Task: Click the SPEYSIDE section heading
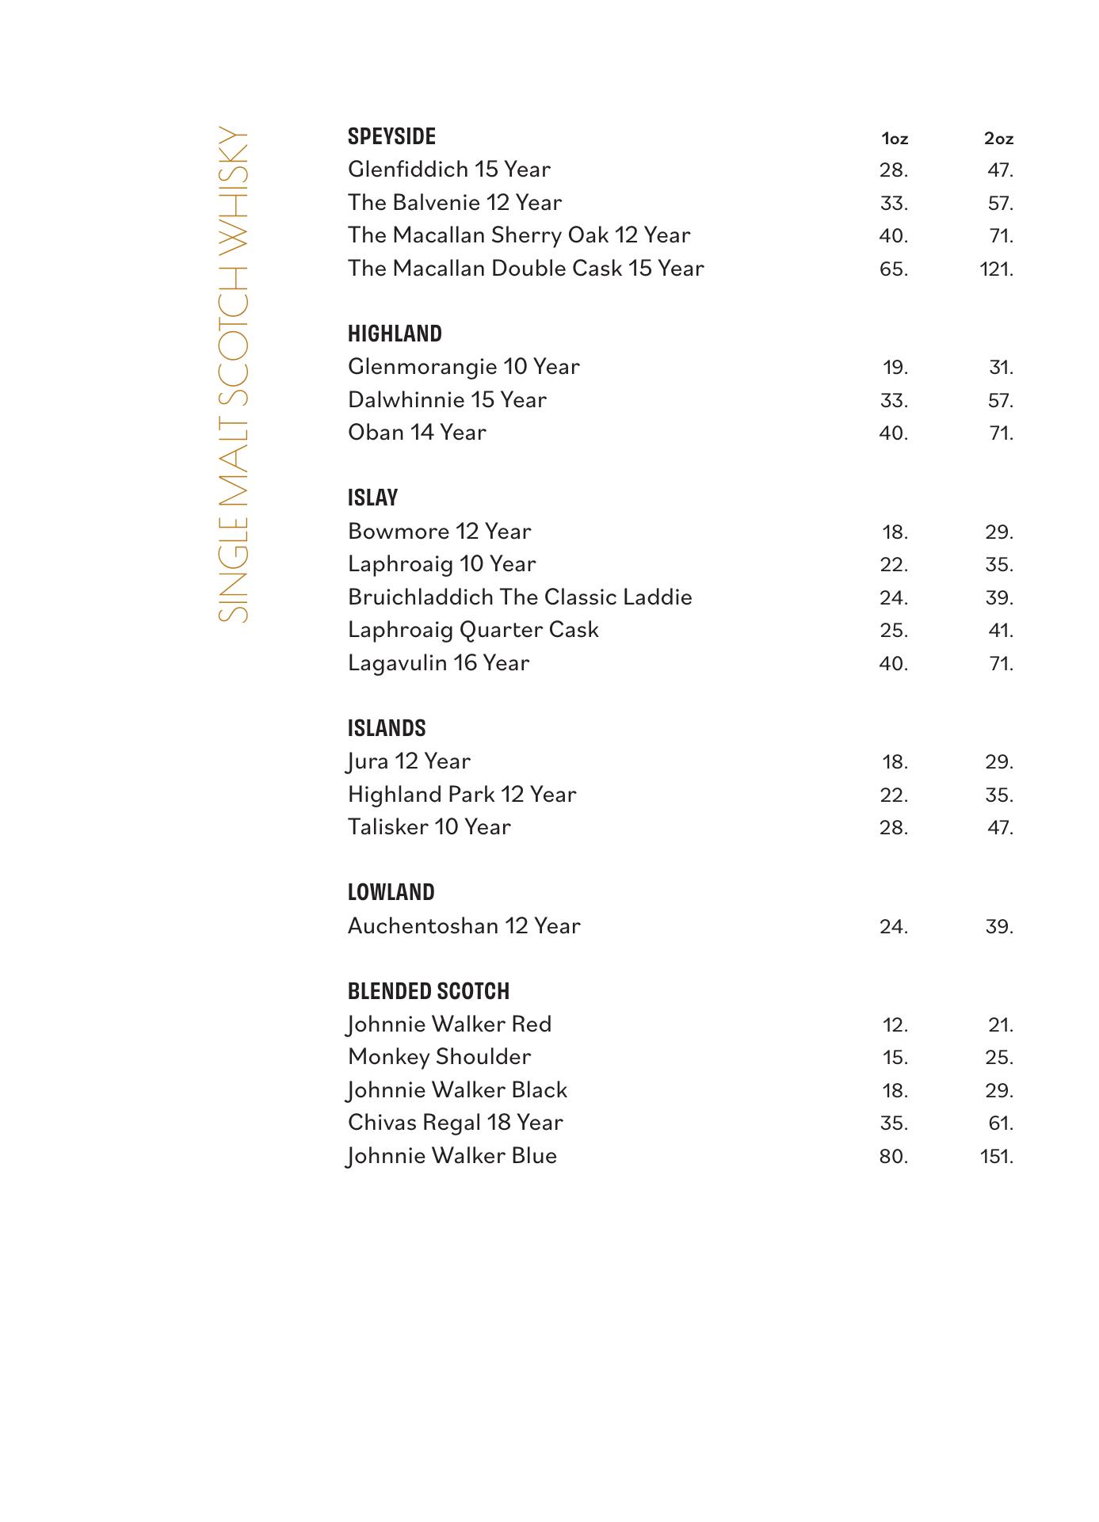391,136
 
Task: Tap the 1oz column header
895,139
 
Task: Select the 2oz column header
998,139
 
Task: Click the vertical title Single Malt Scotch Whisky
233,373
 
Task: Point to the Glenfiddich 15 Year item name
448,170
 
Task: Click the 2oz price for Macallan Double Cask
996,269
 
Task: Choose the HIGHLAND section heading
395,334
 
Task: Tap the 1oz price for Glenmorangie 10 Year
895,368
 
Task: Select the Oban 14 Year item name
417,433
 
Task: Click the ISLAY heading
372,498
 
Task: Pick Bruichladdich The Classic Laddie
520,597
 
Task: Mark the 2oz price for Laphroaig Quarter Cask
1000,631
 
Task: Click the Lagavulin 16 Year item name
438,663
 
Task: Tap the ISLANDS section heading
387,728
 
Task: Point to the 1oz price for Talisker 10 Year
894,828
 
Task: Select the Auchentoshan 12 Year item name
464,926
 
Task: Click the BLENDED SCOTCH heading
428,991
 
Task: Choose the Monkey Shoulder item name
439,1057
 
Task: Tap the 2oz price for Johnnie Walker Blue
996,1157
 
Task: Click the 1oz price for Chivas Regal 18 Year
894,1123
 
